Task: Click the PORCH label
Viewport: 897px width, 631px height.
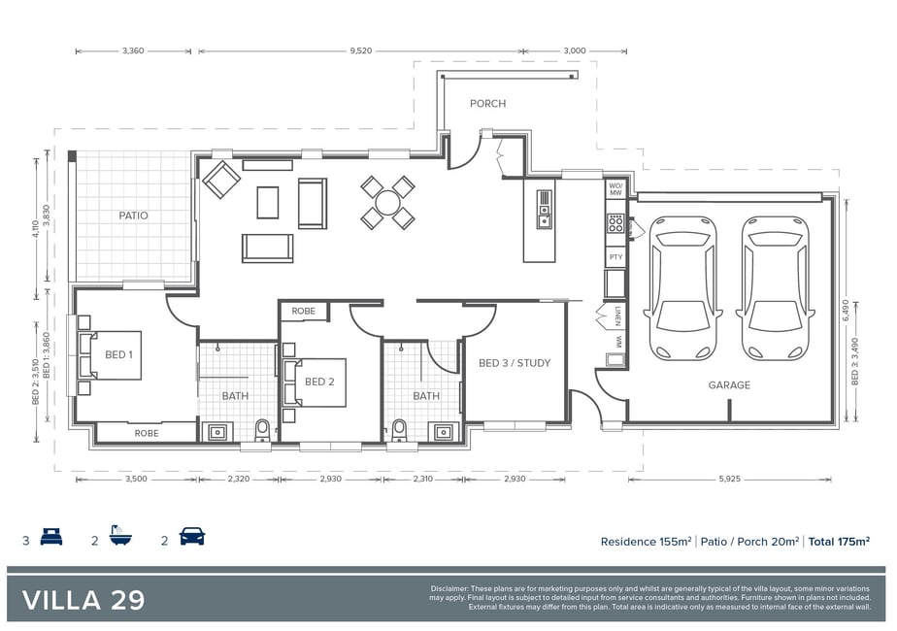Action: (x=487, y=104)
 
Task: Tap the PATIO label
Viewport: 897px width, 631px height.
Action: (x=133, y=216)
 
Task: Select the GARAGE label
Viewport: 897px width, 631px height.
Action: (x=729, y=385)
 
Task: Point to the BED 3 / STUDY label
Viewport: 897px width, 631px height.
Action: (x=515, y=363)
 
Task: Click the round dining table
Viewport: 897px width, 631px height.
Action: (x=387, y=203)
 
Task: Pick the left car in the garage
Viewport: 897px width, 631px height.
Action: (x=683, y=287)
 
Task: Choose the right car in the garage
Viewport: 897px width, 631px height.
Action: (x=775, y=287)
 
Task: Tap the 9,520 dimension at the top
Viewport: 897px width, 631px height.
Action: (x=361, y=50)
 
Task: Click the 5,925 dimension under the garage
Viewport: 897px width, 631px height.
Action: (x=729, y=479)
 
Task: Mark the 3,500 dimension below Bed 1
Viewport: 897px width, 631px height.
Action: (x=136, y=479)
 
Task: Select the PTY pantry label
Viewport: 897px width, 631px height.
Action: (x=615, y=257)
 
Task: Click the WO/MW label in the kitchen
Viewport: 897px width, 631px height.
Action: (x=615, y=189)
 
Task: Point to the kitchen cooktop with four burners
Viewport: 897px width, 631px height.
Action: (x=615, y=223)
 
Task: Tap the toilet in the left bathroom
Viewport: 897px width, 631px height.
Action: (x=262, y=430)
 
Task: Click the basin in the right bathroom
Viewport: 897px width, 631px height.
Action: (x=444, y=432)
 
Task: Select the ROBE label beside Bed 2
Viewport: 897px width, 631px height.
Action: (x=303, y=312)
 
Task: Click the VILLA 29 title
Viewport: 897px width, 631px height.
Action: (x=83, y=600)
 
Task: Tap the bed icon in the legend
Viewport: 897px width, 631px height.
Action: (x=50, y=537)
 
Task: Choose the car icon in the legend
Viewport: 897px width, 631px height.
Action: (x=191, y=537)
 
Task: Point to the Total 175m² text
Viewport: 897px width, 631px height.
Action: (x=839, y=541)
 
